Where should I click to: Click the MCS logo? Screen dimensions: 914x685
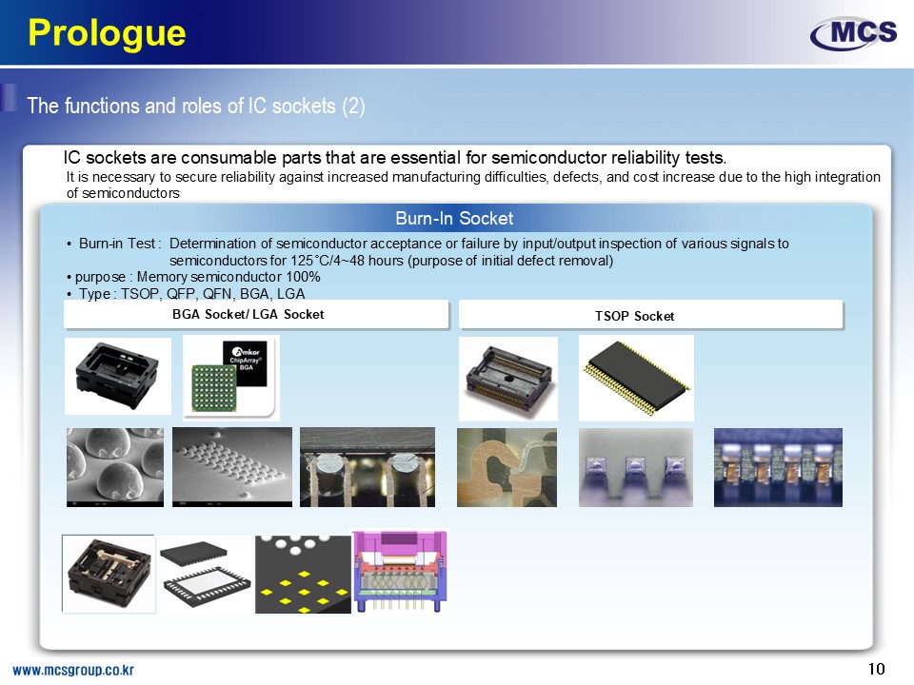853,34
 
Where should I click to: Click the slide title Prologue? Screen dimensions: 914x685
107,32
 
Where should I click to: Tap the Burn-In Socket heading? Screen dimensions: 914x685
454,219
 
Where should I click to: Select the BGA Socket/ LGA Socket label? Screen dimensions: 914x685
248,315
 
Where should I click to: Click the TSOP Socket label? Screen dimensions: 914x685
634,316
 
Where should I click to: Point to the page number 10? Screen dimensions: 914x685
876,669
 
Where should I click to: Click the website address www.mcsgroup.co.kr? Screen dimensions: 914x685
73,670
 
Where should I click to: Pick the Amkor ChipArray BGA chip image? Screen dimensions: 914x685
231,378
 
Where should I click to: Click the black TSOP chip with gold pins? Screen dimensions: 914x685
636,378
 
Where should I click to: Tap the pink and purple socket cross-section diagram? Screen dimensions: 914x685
400,571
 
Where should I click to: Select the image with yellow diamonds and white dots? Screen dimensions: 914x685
303,575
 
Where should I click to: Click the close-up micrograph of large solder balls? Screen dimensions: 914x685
115,467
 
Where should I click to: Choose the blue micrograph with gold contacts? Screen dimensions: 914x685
778,467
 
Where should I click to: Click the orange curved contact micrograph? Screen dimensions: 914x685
507,467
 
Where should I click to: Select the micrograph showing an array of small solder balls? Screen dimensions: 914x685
232,467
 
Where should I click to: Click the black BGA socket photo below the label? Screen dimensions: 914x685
118,377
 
